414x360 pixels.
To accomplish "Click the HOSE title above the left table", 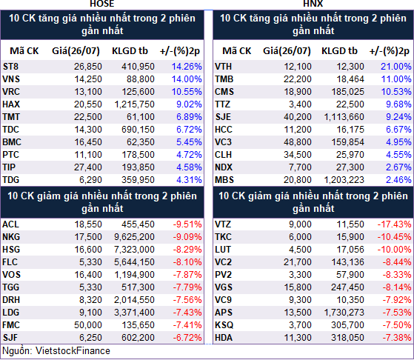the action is (x=102, y=4).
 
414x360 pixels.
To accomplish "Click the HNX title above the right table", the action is (x=313, y=4).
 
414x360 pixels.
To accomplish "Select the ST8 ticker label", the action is (x=10, y=67).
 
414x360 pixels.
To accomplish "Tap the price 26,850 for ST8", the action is (x=88, y=67).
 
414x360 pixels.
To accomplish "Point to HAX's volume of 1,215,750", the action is (x=134, y=104).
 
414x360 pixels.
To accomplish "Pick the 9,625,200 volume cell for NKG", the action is (x=134, y=237).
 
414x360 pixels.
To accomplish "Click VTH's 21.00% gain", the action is (x=396, y=67).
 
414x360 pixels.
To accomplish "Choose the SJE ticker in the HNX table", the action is (x=223, y=117).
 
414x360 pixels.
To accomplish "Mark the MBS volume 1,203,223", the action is (x=344, y=180).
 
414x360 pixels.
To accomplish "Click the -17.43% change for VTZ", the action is (x=394, y=224).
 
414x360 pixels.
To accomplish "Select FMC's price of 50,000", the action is (x=88, y=325).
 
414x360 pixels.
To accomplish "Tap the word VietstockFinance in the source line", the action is (x=73, y=351).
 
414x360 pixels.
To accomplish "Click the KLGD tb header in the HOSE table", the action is (x=130, y=51).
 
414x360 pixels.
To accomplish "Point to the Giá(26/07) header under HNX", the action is (x=287, y=51).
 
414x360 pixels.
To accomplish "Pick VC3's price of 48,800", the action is (x=298, y=142).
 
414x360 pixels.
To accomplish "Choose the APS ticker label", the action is (x=224, y=313).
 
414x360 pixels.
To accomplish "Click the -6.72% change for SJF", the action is (x=187, y=338).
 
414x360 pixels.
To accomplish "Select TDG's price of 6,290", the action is (x=90, y=180).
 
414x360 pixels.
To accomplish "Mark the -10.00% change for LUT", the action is (x=394, y=250).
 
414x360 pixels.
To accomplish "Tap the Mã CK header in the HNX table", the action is (x=237, y=51).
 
